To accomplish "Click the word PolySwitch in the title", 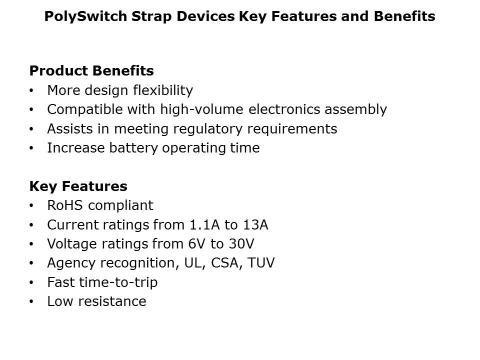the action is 85,16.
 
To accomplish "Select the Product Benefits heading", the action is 91,70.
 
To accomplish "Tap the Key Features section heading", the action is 78,186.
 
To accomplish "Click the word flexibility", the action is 163,90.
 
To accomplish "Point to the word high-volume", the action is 201,109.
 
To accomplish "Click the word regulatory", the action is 208,129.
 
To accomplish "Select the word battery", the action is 133,148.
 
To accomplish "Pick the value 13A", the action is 255,225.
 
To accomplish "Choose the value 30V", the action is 242,244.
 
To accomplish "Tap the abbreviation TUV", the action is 261,263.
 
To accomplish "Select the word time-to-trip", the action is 118,282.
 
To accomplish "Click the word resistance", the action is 112,301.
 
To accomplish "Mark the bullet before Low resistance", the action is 31,301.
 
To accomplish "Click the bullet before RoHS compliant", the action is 31,205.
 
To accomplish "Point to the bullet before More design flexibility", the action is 31,90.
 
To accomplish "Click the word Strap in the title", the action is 151,16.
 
